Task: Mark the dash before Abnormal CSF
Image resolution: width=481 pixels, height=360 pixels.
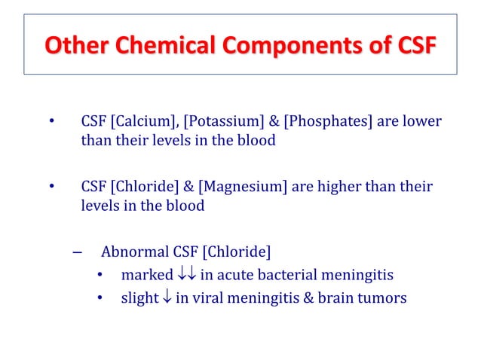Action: (76, 252)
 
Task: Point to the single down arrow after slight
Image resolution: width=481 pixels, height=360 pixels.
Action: (167, 297)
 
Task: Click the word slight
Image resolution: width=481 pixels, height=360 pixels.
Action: (139, 297)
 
